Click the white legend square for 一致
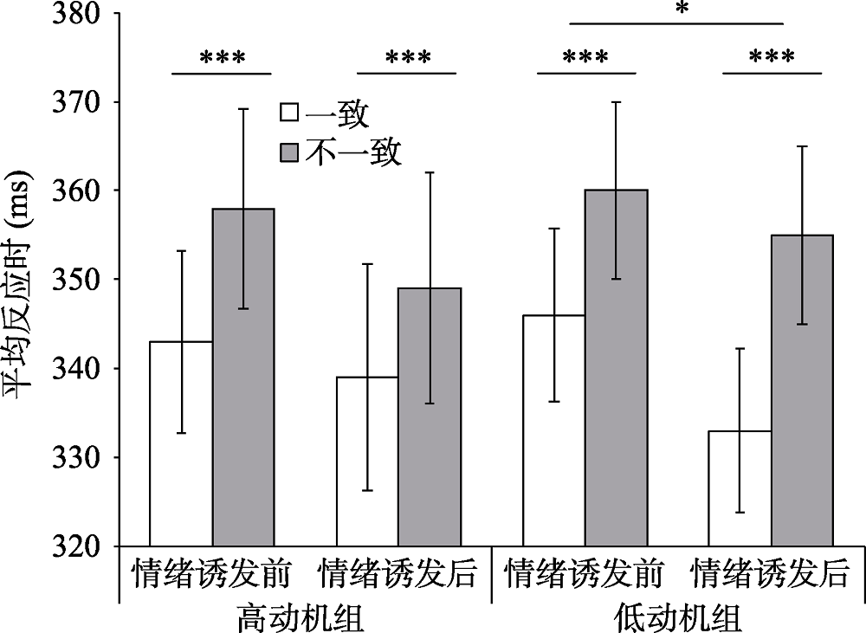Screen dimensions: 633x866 point(288,113)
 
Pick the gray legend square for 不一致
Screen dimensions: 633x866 point(288,153)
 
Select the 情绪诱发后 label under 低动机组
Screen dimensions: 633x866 point(770,573)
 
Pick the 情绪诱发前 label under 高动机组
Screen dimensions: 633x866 point(211,573)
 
